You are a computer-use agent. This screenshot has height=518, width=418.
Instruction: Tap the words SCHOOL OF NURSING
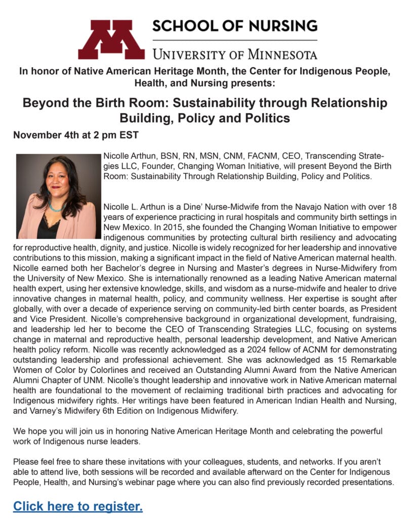click(x=235, y=26)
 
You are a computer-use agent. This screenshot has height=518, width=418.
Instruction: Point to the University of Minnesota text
click(x=235, y=54)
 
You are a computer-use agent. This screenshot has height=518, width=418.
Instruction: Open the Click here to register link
click(x=78, y=506)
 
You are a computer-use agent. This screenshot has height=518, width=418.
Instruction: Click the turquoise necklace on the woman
click(x=56, y=207)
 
